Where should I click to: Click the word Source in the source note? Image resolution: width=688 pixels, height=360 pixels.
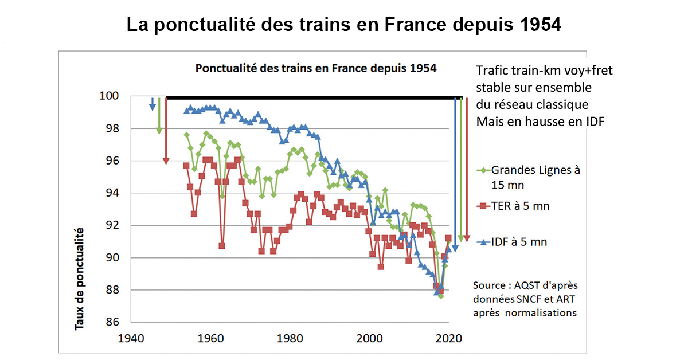pyautogui.click(x=488, y=285)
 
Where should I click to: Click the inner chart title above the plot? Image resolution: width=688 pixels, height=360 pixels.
pyautogui.click(x=316, y=68)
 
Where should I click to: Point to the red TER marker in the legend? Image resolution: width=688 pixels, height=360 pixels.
pyautogui.click(x=483, y=206)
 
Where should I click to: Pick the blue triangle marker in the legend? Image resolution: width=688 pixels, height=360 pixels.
pyautogui.click(x=483, y=242)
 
